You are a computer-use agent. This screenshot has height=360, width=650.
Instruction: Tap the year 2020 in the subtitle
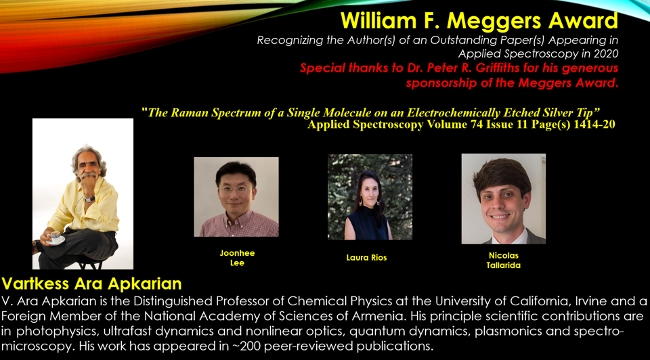tap(605, 54)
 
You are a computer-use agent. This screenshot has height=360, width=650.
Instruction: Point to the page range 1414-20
tap(594, 125)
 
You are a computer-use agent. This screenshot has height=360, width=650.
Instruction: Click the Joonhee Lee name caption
tap(237, 258)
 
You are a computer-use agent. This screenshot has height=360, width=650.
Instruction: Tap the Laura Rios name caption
tap(366, 258)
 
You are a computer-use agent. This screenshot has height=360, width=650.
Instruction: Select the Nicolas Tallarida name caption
tap(503, 261)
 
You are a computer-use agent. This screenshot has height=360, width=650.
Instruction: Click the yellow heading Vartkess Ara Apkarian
tap(91, 284)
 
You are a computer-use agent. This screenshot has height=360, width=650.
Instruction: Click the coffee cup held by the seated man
tap(54, 237)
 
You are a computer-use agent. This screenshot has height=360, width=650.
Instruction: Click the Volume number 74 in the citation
tap(477, 125)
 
